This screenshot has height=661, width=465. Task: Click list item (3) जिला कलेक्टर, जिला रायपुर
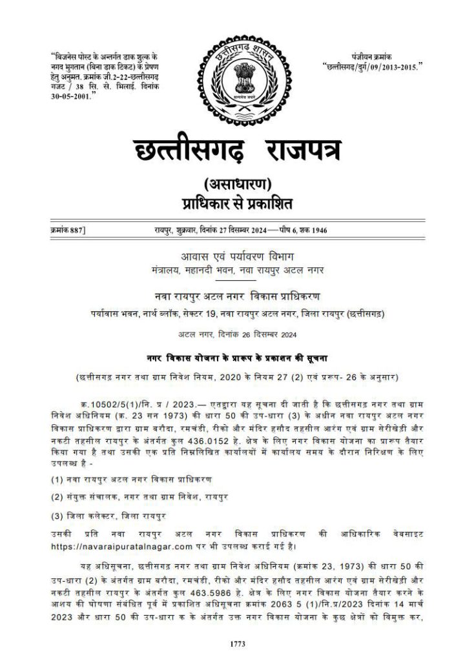108,515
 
